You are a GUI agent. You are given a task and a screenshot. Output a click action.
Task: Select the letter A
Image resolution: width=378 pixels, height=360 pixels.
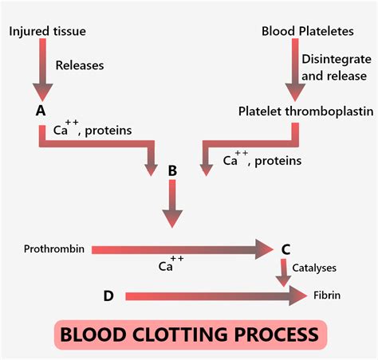click(x=40, y=111)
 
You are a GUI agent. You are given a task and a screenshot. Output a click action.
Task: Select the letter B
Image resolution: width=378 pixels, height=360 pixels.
click(x=172, y=169)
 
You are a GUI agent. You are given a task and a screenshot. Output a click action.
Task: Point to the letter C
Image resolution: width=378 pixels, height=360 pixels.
click(x=285, y=248)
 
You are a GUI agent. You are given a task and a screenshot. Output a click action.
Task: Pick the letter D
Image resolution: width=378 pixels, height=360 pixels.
click(x=108, y=295)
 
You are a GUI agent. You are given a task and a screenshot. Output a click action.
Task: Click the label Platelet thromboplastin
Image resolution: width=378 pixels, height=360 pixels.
click(x=305, y=111)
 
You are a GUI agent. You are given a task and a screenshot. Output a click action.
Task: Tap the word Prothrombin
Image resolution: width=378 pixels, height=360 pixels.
click(x=55, y=249)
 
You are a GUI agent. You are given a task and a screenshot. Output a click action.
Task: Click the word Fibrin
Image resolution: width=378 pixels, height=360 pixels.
click(x=327, y=295)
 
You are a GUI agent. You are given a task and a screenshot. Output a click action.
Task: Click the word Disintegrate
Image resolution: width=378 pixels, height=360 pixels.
click(x=336, y=59)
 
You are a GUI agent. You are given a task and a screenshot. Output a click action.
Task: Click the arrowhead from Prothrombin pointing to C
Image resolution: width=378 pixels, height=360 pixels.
click(x=265, y=249)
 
